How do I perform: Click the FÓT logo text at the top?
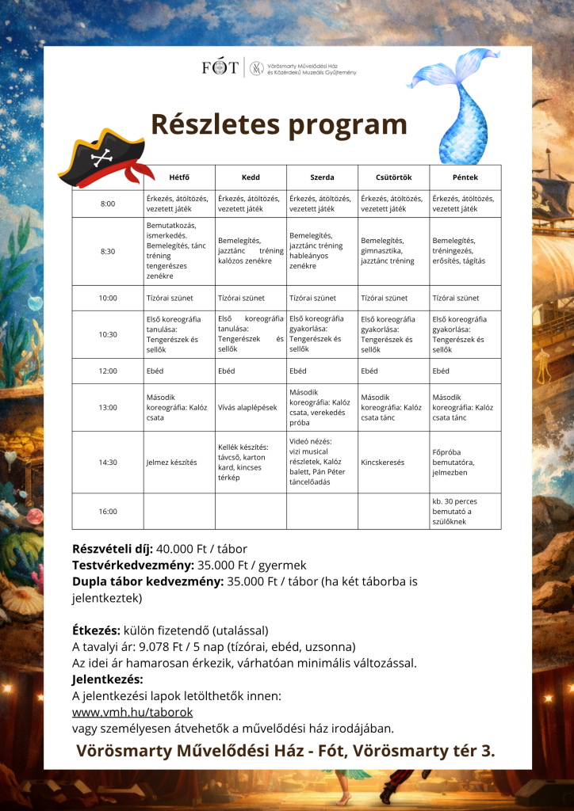coord(220,68)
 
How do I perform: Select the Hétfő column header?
coord(179,177)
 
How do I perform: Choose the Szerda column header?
coord(322,177)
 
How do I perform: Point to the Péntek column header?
coord(465,177)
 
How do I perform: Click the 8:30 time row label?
coord(108,251)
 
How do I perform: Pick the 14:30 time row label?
coord(108,463)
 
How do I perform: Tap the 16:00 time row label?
coord(108,511)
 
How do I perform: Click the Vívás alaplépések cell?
coord(247,407)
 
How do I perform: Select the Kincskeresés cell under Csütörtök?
coord(383,463)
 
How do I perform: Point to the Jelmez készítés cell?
coord(172,463)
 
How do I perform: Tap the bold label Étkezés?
coord(96,630)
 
